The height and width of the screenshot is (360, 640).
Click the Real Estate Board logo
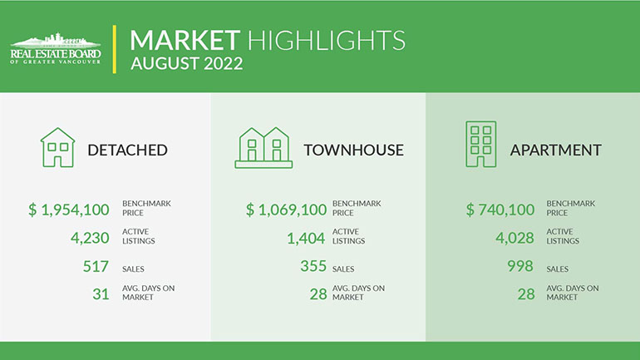(56, 48)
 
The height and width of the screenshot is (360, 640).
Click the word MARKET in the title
(185, 40)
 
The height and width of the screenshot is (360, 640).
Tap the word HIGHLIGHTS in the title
(327, 40)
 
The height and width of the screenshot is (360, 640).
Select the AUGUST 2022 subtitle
(187, 63)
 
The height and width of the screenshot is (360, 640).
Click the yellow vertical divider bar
(115, 49)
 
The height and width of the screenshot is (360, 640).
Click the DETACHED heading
(127, 150)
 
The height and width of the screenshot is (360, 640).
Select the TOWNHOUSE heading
(353, 150)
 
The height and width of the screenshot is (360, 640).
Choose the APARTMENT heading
(555, 150)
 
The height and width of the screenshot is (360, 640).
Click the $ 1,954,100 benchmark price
(69, 210)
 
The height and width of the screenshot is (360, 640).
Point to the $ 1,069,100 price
(286, 210)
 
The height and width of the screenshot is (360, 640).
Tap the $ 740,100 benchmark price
(500, 210)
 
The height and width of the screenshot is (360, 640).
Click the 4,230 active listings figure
(90, 238)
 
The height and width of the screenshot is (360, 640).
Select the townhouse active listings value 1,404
(306, 238)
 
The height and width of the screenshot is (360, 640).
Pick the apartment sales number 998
(520, 266)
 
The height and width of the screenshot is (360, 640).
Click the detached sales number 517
(96, 267)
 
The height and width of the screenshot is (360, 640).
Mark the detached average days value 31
(101, 294)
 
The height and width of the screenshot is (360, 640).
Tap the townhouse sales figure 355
(313, 266)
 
